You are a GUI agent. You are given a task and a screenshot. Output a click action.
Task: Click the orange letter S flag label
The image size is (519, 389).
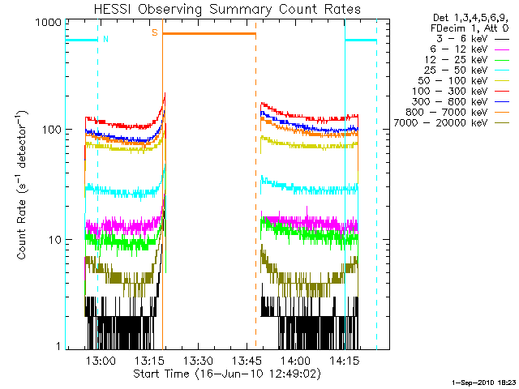tap(154, 33)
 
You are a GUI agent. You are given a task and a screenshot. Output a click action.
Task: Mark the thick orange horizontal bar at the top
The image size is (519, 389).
tap(209, 33)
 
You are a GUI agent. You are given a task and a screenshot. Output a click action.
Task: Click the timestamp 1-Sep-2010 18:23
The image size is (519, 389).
tap(480, 380)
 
